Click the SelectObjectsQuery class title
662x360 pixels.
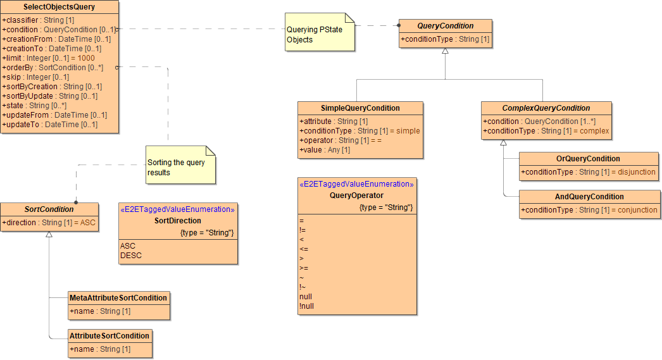click(59, 7)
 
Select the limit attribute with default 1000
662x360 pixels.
click(48, 58)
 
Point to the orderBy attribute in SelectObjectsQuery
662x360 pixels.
click(53, 67)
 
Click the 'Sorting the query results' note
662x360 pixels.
click(177, 167)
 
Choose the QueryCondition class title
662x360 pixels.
click(445, 26)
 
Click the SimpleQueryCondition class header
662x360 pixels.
click(359, 108)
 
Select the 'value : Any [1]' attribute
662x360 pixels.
click(325, 150)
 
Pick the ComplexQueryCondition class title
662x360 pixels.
click(546, 108)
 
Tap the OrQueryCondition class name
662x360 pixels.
click(588, 158)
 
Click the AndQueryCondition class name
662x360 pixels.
click(589, 196)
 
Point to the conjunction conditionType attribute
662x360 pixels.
click(589, 210)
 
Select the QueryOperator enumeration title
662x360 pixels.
click(356, 196)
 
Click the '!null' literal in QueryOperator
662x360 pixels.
click(306, 306)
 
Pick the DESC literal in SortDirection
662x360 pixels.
click(131, 256)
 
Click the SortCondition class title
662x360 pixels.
click(49, 209)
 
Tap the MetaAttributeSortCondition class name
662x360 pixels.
click(118, 297)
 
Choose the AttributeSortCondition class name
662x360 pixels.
click(109, 335)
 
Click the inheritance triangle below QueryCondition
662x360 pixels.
click(445, 51)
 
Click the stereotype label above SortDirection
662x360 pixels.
click(177, 209)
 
